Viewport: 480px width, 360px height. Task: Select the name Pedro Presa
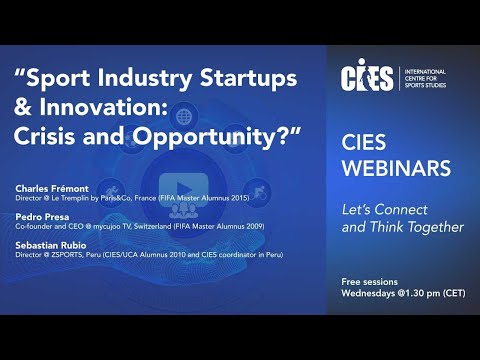click(43, 215)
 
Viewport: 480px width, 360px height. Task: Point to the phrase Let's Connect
click(383, 210)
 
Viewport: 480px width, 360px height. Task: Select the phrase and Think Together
click(403, 227)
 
